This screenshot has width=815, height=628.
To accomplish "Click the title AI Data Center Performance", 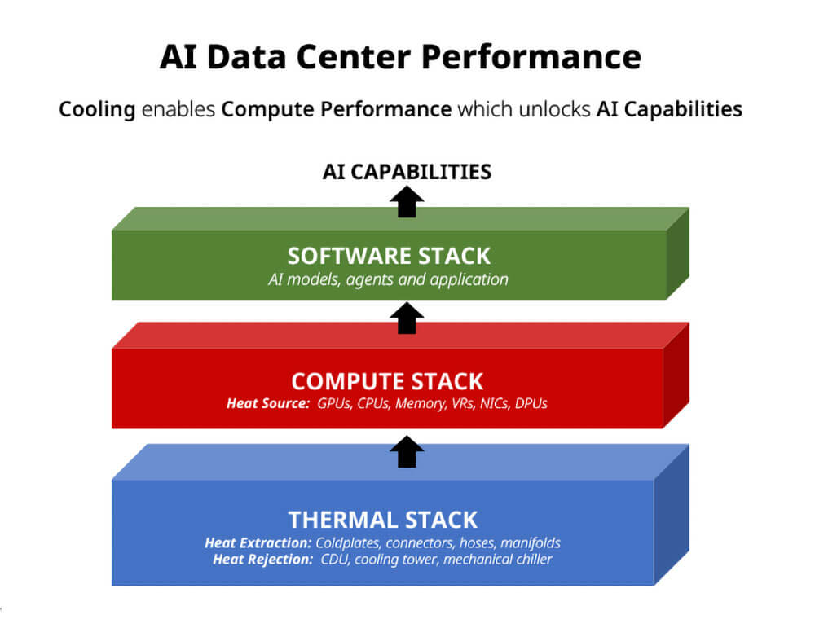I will [400, 59].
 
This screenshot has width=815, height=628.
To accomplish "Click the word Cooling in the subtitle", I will [97, 109].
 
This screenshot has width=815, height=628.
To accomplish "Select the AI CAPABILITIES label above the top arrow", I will [407, 172].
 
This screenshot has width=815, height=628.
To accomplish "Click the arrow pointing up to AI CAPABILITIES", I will [407, 201].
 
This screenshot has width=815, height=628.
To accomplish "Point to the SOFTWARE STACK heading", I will [390, 256].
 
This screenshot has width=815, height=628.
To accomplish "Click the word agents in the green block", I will [369, 279].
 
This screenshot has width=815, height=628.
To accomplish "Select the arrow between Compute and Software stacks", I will [407, 318].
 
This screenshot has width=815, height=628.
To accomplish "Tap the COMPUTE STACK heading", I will [387, 381].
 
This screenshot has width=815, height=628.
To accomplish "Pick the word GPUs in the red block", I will [337, 403].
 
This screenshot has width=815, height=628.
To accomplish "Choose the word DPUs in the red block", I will [531, 403].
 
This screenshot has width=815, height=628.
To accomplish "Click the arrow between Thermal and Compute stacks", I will [407, 451].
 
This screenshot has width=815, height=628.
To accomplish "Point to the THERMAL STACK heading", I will [383, 520].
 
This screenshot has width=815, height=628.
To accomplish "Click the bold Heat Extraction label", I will [258, 542].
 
